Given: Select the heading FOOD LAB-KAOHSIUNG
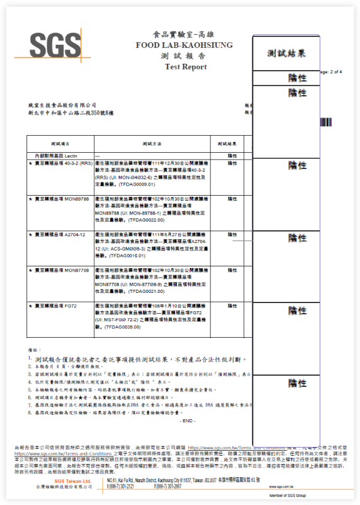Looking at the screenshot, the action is [x=184, y=45].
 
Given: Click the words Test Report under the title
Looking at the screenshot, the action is [x=186, y=66].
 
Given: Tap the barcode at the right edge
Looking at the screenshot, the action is [x=325, y=122].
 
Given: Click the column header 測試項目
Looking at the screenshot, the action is [x=60, y=144].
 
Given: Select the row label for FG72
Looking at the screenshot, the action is [x=54, y=306].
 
